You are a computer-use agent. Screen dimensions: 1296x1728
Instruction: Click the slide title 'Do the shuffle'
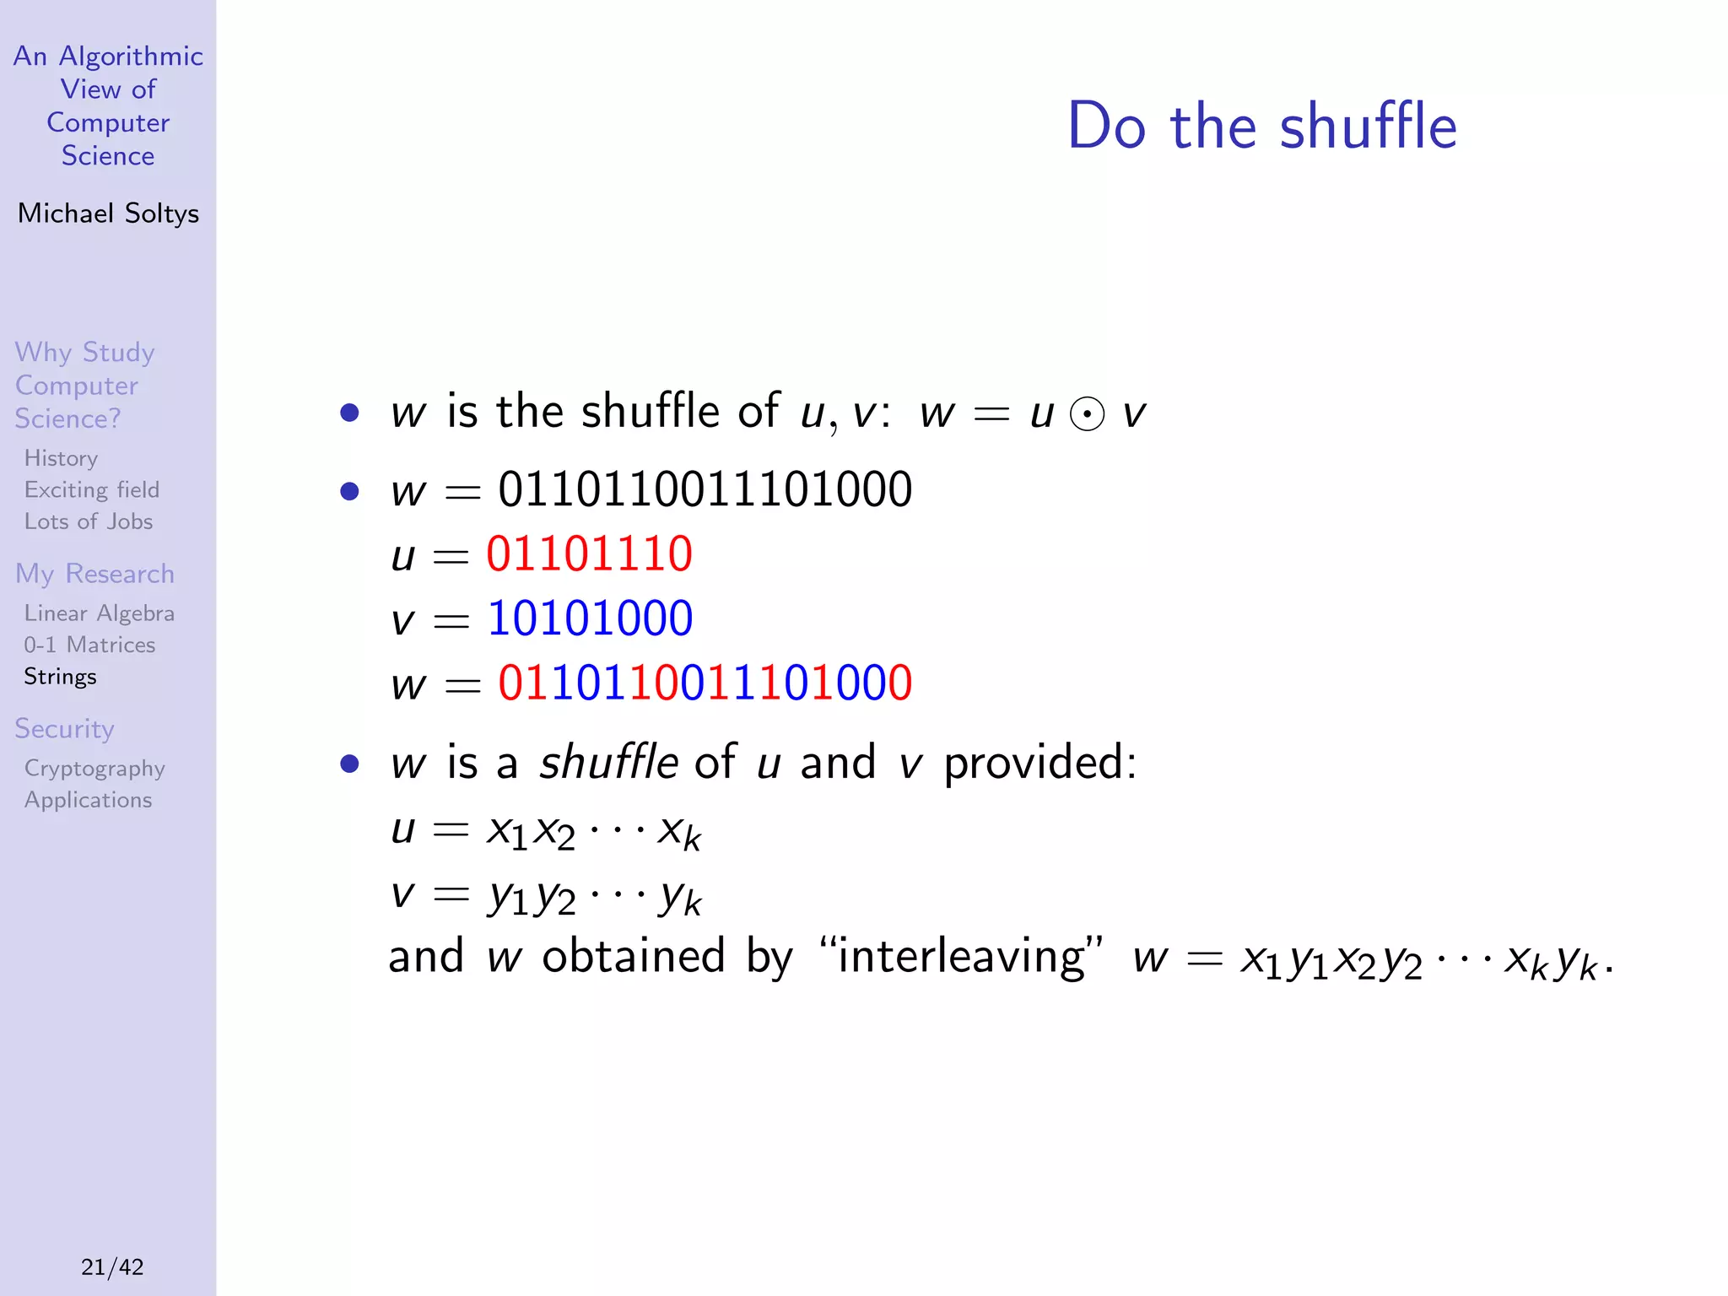pyautogui.click(x=1261, y=127)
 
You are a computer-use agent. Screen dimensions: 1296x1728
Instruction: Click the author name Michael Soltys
pyautogui.click(x=108, y=213)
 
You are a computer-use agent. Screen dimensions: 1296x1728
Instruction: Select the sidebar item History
pyautogui.click(x=61, y=458)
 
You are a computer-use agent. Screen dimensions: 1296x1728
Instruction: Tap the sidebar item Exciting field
pyautogui.click(x=91, y=490)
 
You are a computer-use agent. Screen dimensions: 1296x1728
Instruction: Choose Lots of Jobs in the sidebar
pyautogui.click(x=88, y=521)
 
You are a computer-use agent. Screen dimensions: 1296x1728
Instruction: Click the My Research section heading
pyautogui.click(x=94, y=574)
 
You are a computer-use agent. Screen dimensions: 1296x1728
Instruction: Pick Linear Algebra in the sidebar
pyautogui.click(x=99, y=613)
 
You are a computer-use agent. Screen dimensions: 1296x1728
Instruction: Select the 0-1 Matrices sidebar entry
pyautogui.click(x=89, y=645)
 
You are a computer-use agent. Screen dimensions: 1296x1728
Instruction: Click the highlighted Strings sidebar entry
pyautogui.click(x=60, y=677)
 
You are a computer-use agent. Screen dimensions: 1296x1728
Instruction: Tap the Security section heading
pyautogui.click(x=64, y=729)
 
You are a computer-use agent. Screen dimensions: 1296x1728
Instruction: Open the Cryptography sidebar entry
pyautogui.click(x=94, y=769)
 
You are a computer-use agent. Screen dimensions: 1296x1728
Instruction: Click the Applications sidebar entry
pyautogui.click(x=88, y=800)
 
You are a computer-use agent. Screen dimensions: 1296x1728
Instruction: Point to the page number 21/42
pyautogui.click(x=112, y=1266)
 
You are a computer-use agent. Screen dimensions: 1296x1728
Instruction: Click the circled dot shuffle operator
pyautogui.click(x=1087, y=414)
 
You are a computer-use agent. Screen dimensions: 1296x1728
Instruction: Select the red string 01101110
pyautogui.click(x=589, y=554)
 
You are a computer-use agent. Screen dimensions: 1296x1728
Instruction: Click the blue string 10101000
pyautogui.click(x=590, y=618)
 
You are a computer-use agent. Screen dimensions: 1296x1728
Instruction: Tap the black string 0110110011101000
pyautogui.click(x=705, y=489)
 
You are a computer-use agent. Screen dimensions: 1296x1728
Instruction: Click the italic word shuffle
pyautogui.click(x=608, y=762)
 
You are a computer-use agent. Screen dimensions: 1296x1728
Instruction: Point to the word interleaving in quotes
pyautogui.click(x=961, y=957)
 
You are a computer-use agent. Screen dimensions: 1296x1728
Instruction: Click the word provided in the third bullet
pyautogui.click(x=1039, y=764)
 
